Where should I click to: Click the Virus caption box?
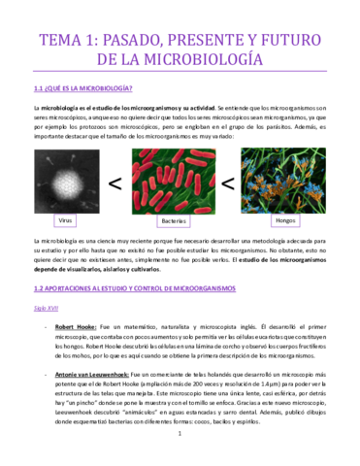(67, 221)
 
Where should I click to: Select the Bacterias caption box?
(175, 221)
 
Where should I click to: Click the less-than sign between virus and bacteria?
(115, 183)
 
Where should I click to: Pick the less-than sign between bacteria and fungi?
(230, 183)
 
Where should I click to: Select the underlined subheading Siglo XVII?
(48, 308)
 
